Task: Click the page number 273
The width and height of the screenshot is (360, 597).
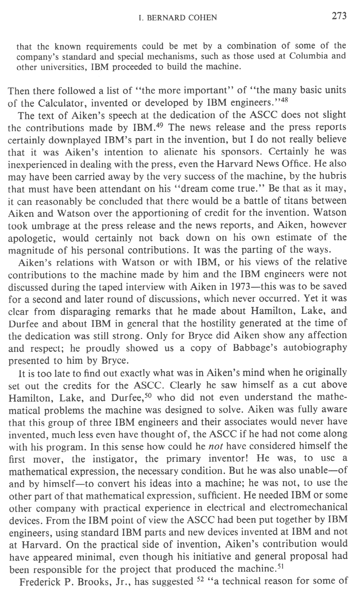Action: [x=339, y=16]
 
